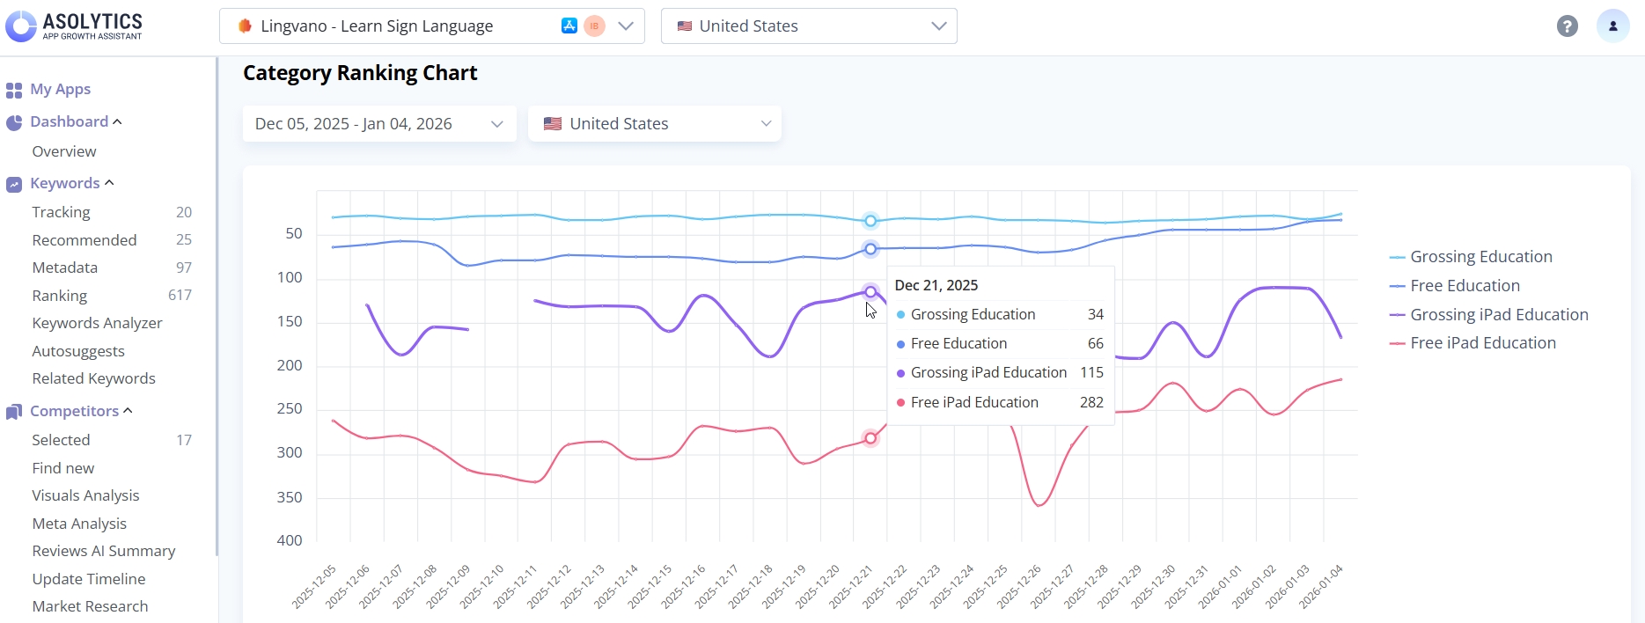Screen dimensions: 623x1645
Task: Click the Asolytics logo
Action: [x=74, y=26]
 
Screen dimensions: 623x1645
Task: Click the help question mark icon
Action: [x=1567, y=26]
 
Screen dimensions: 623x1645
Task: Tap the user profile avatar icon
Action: [x=1612, y=26]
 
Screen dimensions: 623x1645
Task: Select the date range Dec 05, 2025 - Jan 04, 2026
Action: [x=378, y=124]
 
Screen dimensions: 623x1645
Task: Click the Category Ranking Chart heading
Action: [x=360, y=73]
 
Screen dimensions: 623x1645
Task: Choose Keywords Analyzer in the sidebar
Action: [x=97, y=323]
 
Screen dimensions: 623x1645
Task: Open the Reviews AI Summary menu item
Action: [x=103, y=551]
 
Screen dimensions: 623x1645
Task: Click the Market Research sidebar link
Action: [x=90, y=606]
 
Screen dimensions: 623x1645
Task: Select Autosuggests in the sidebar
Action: [x=78, y=351]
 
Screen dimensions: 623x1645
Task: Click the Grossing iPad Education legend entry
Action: [x=1498, y=315]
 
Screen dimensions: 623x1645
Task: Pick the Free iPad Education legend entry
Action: [x=1482, y=343]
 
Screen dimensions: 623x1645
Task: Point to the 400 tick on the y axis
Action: [x=290, y=540]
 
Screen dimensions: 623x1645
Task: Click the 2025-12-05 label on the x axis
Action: [x=315, y=586]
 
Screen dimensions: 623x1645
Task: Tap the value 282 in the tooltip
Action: [x=1091, y=402]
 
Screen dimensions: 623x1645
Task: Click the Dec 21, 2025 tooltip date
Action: [x=936, y=285]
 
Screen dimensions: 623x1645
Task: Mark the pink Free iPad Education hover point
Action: [x=870, y=438]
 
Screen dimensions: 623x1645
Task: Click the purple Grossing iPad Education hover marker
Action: [x=870, y=291]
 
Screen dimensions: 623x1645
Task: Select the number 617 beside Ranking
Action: [x=180, y=296]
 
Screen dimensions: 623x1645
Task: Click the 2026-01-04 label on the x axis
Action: [x=1322, y=586]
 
